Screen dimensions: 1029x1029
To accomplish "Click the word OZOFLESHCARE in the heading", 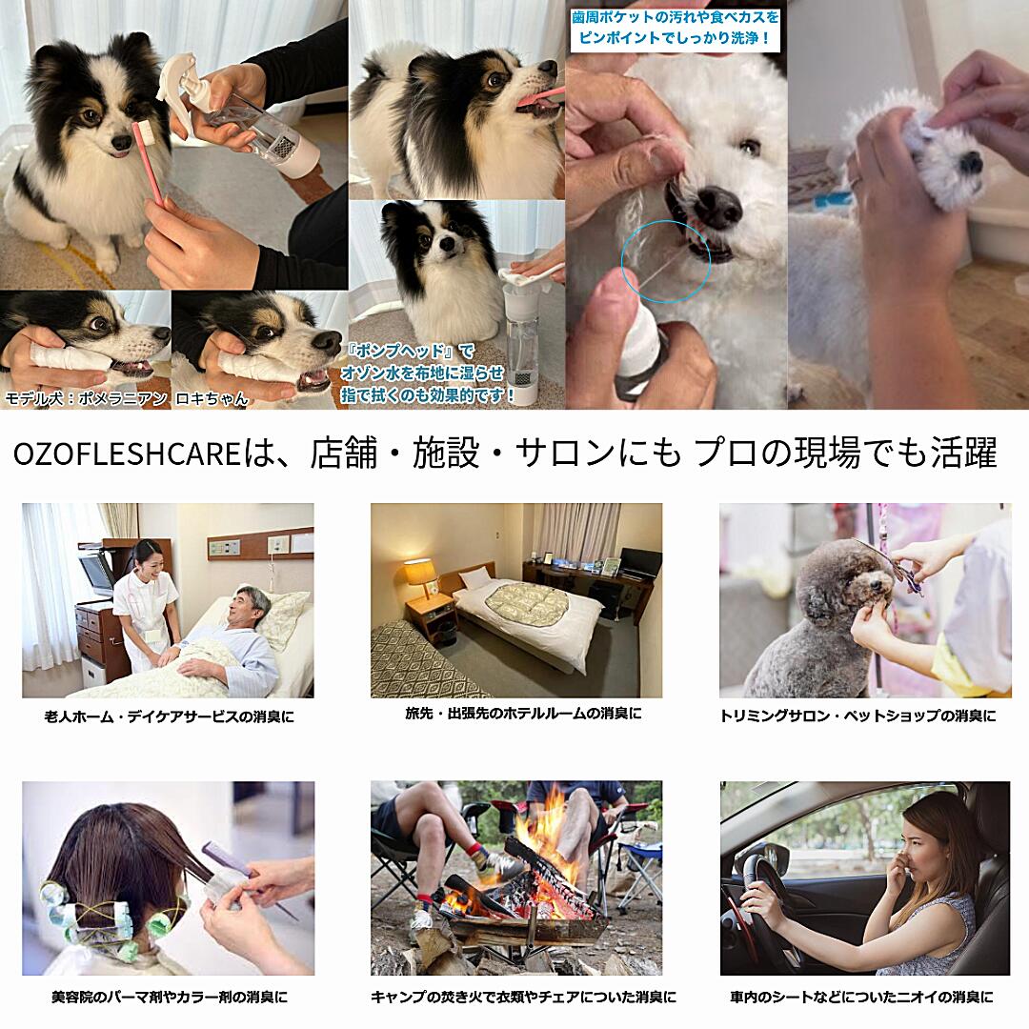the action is click(127, 454).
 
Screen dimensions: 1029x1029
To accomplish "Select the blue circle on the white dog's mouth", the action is click(666, 261).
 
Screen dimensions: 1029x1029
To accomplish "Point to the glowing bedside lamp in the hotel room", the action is click(418, 572).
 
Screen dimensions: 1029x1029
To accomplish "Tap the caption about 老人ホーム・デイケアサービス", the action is click(170, 716).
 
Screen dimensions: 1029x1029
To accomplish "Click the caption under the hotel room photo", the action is click(523, 713).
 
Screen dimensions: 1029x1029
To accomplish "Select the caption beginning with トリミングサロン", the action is click(857, 716).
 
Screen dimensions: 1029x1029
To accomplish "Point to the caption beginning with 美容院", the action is click(170, 997).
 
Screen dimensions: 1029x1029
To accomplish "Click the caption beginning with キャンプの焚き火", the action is click(523, 997).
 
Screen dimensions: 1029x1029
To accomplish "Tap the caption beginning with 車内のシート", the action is click(861, 997).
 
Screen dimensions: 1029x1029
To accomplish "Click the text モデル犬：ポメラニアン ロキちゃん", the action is click(127, 398).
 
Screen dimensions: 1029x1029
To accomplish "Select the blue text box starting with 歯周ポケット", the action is click(676, 28).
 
